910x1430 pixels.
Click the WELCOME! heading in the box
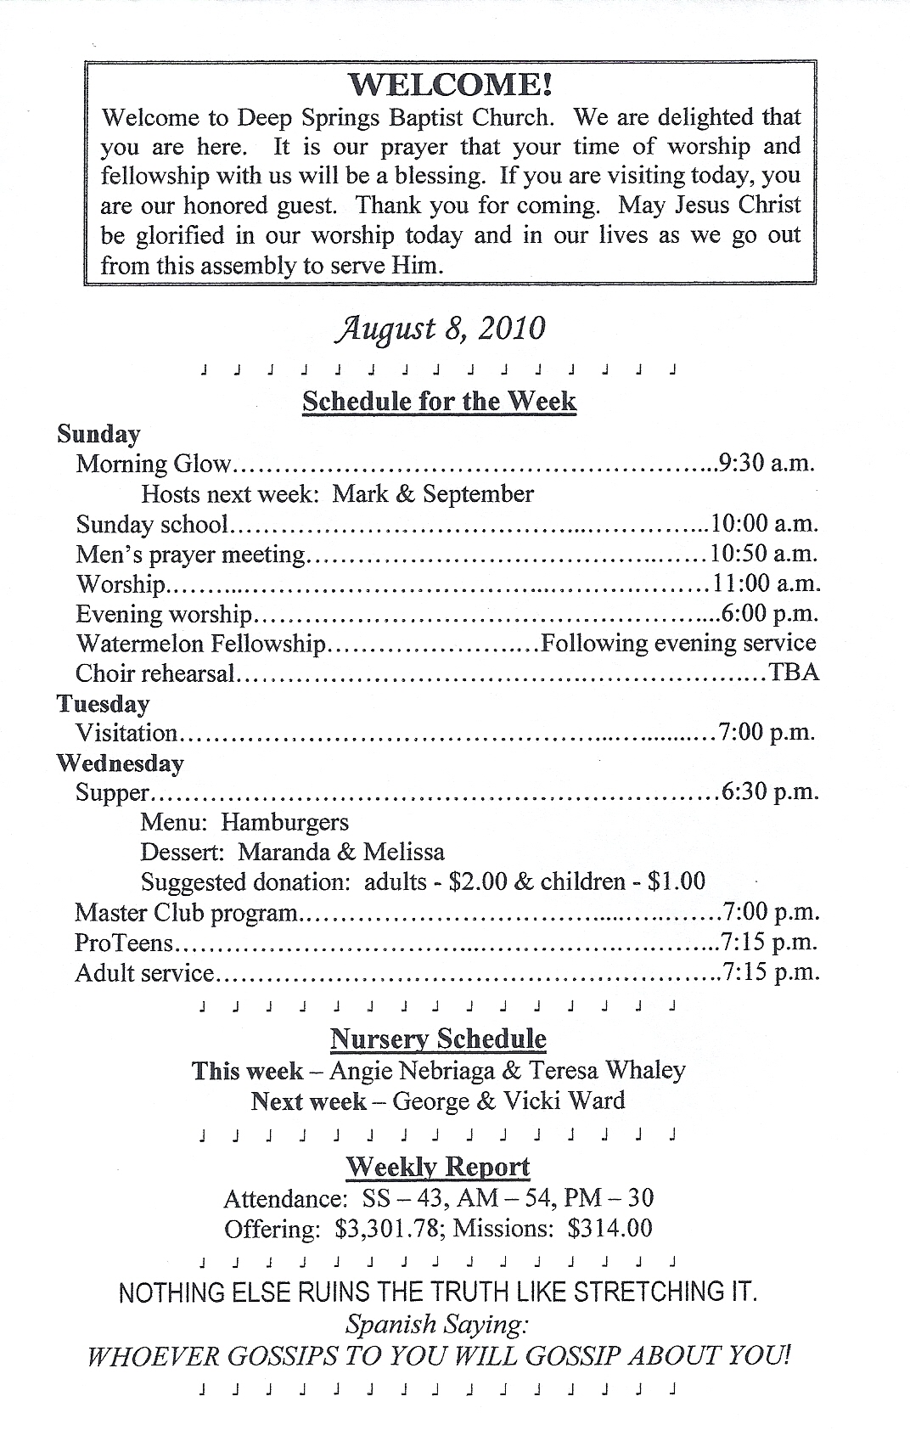(451, 85)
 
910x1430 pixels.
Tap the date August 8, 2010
(439, 329)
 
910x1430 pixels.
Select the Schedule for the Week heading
(439, 401)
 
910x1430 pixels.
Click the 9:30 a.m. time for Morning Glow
(766, 464)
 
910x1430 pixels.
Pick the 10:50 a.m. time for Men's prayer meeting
(763, 555)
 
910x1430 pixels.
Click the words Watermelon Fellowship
(200, 644)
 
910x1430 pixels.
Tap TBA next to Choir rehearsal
(794, 673)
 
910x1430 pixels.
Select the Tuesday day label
(103, 704)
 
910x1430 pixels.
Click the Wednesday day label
(120, 763)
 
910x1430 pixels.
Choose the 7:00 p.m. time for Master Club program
(769, 913)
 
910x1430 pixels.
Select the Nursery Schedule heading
(438, 1039)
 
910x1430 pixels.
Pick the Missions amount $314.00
(610, 1229)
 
